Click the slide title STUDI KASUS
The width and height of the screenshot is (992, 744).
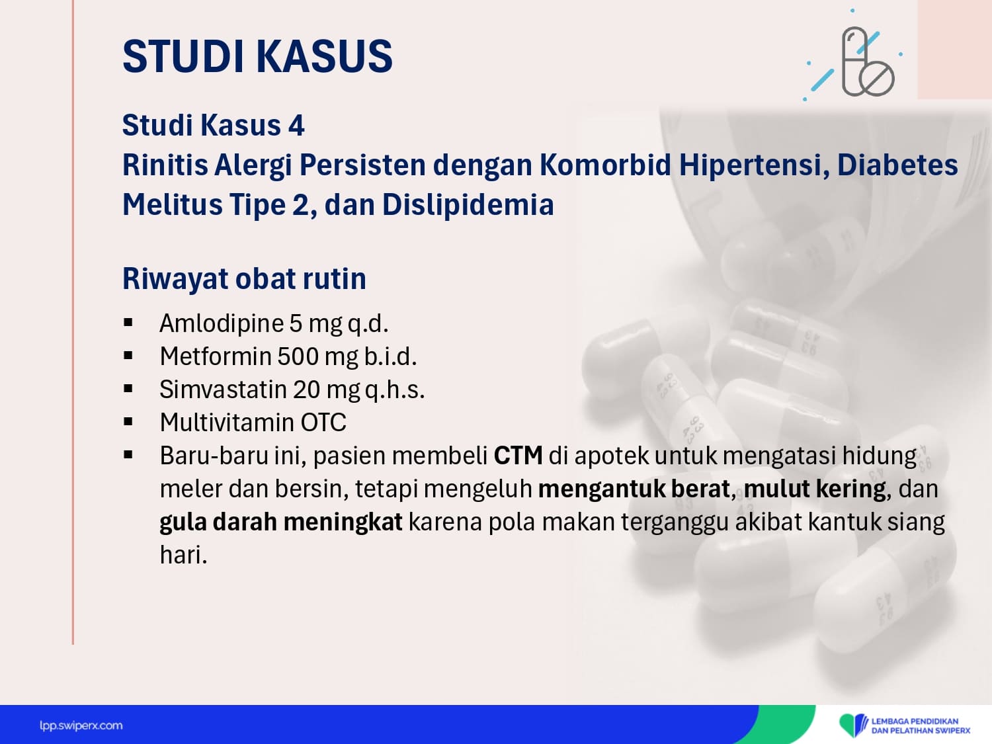tap(257, 56)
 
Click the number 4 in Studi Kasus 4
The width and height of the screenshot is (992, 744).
tap(296, 125)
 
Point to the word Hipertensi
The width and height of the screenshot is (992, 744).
tap(754, 165)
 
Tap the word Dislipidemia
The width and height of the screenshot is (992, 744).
tap(468, 204)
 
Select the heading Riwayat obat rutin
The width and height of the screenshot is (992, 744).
tap(244, 278)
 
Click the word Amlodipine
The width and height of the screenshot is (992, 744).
tap(222, 323)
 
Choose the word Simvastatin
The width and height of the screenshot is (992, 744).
tap(224, 390)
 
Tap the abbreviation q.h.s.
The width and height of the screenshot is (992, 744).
tap(395, 390)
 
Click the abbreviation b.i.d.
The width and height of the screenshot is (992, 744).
tap(390, 356)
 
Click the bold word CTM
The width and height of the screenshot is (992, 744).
tap(518, 456)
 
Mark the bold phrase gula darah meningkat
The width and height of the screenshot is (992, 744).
tap(280, 522)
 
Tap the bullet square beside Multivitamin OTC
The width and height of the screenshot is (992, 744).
tap(128, 422)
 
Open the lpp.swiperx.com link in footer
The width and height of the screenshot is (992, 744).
tap(81, 726)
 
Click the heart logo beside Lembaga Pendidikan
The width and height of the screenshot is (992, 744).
tap(852, 725)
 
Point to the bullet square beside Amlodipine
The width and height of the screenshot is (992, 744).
tap(128, 323)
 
